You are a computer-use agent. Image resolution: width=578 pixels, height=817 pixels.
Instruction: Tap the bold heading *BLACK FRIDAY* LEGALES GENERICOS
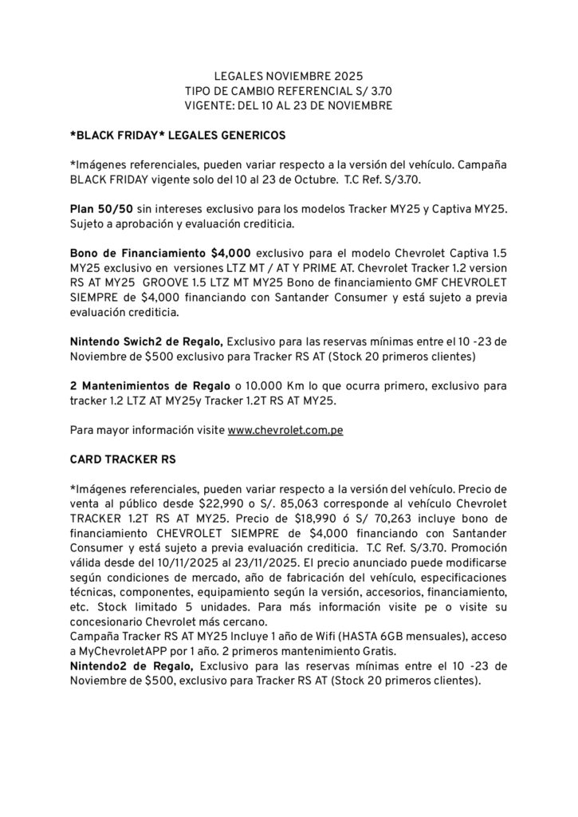pos(178,135)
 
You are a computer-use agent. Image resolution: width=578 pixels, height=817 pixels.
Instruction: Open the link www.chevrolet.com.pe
pos(285,431)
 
